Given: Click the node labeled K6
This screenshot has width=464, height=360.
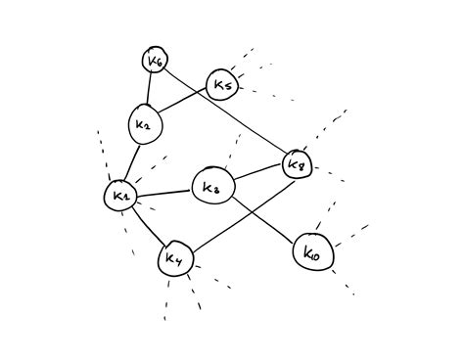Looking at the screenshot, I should pos(155,62).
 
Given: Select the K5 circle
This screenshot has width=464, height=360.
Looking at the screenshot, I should pos(221,85).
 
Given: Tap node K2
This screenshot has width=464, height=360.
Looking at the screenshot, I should pos(144,124).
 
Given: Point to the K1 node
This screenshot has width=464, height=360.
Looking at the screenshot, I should pos(121,196).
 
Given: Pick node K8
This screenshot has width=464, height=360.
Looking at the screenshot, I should pos(297,164).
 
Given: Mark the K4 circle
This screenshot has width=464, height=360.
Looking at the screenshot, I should pos(175,259).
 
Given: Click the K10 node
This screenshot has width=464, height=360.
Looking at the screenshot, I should pos(313,252).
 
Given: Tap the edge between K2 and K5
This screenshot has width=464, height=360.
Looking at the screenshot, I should pos(184,104).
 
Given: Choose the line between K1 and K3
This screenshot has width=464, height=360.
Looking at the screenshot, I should pos(164,192).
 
